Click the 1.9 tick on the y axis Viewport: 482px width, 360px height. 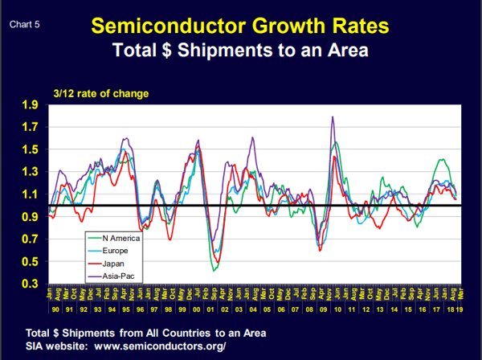point(30,105)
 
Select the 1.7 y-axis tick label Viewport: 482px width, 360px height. point(30,128)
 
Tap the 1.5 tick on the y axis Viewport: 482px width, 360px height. point(30,150)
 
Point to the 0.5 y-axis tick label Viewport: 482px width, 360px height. point(30,262)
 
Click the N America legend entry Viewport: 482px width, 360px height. point(120,238)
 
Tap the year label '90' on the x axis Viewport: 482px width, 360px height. point(53,309)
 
